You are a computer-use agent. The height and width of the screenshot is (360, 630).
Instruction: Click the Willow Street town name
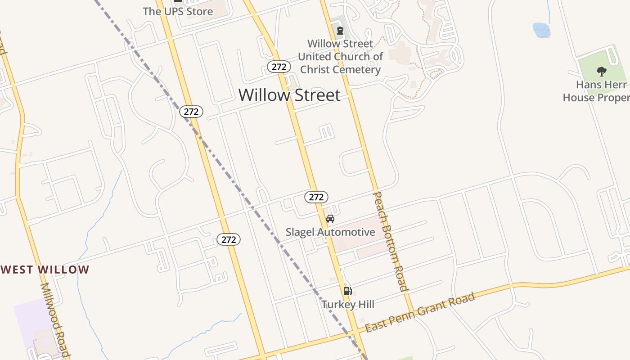point(289,95)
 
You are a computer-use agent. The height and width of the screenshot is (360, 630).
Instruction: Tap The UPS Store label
point(178,12)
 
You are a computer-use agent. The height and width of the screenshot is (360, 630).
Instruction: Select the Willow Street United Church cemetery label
point(340,57)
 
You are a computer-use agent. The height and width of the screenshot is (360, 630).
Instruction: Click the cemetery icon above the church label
point(340,31)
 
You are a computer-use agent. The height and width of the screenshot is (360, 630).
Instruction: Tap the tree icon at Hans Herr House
point(601,71)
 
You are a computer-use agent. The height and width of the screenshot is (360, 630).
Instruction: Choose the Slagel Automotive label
point(330,232)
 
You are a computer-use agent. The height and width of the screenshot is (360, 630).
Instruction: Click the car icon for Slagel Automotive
point(330,219)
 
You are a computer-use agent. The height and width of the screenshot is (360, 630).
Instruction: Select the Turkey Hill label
point(348,305)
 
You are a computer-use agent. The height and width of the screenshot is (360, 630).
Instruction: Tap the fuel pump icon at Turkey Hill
point(347,291)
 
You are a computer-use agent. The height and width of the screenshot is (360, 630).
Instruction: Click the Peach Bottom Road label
point(390,241)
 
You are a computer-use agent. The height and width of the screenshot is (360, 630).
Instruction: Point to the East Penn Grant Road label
point(420,312)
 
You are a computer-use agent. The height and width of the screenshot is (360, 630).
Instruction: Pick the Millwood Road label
point(56,319)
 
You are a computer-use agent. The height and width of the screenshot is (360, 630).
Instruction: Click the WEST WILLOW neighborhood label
point(45,270)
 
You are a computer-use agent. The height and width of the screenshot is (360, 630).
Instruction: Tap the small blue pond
point(541,31)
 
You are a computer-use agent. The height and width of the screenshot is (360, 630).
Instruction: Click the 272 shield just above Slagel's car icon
point(316,197)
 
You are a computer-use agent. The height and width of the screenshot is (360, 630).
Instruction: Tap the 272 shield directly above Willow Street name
point(279,67)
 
